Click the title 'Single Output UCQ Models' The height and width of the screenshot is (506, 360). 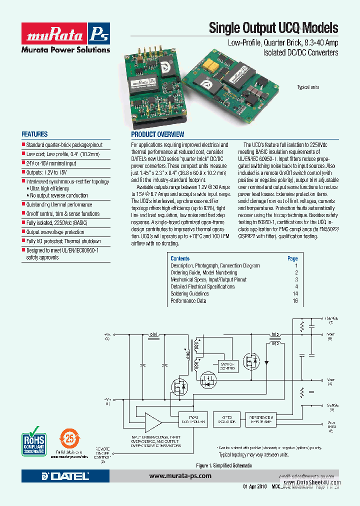pos(273,28)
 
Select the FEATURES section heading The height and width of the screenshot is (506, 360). pos(34,134)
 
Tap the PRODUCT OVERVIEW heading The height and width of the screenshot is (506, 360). pos(157,134)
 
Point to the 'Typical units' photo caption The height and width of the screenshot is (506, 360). pos(308,87)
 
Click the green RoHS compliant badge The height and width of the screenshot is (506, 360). pos(34,438)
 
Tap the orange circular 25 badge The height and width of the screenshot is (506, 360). pos(70,438)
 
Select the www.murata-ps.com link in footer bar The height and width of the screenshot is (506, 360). pos(180,476)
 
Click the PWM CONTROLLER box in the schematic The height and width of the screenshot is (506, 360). pos(192,419)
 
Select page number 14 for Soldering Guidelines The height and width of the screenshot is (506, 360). pos(295,294)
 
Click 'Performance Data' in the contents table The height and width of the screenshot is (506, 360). pos(188,301)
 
